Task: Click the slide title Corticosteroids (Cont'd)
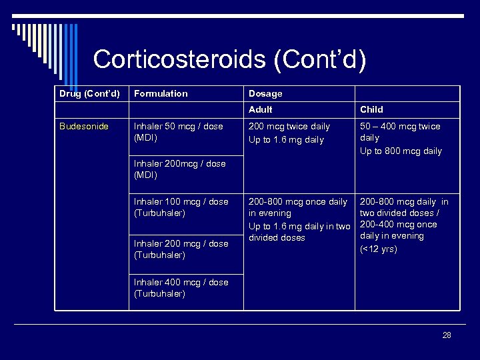pyautogui.click(x=229, y=59)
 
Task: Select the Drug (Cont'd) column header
pyautogui.click(x=89, y=94)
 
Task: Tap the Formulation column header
pyautogui.click(x=161, y=94)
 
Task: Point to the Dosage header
pyautogui.click(x=265, y=94)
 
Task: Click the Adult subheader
pyautogui.click(x=260, y=109)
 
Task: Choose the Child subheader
pyautogui.click(x=371, y=109)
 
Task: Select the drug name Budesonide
pyautogui.click(x=83, y=126)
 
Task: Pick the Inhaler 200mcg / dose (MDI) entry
pyautogui.click(x=179, y=169)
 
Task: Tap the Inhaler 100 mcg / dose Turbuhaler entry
pyautogui.click(x=181, y=207)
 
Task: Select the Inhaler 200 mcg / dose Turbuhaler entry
pyautogui.click(x=181, y=249)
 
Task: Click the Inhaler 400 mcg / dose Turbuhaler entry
pyautogui.click(x=181, y=288)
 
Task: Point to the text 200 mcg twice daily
pyautogui.click(x=289, y=126)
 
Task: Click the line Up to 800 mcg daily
pyautogui.click(x=401, y=151)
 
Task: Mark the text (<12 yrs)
pyautogui.click(x=379, y=249)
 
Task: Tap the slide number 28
pyautogui.click(x=447, y=335)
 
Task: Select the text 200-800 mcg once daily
pyautogui.click(x=298, y=201)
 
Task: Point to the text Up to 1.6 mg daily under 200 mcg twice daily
pyautogui.click(x=286, y=140)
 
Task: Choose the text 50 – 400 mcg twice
pyautogui.click(x=400, y=126)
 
